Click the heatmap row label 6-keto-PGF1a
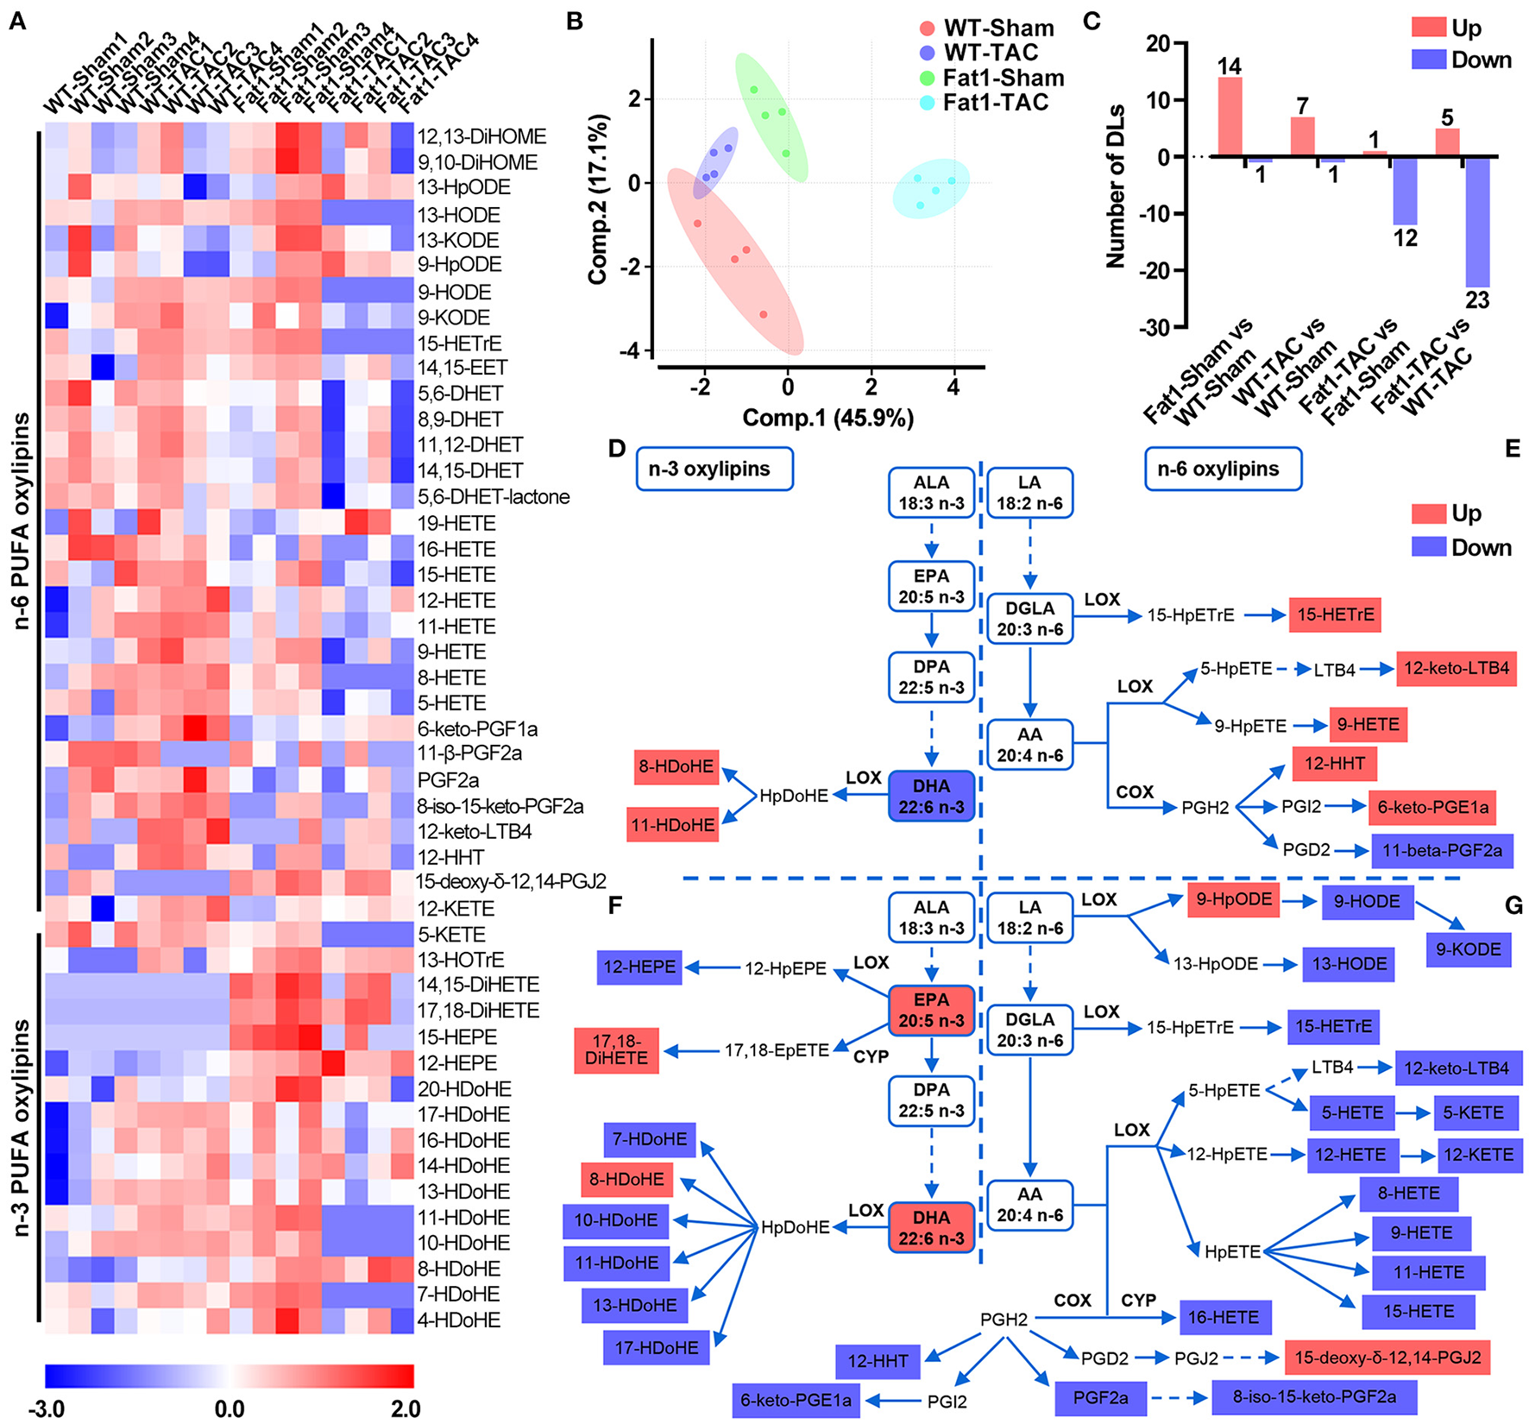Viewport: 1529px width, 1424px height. [x=477, y=729]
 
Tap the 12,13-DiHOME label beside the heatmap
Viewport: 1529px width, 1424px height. [x=481, y=136]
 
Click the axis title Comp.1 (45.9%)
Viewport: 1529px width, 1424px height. [x=827, y=418]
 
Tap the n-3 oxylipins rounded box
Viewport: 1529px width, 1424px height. [x=714, y=469]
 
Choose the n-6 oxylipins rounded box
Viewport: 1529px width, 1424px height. [x=1223, y=469]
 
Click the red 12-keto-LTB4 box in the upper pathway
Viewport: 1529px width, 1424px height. [x=1457, y=668]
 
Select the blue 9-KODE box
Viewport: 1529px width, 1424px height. [x=1469, y=949]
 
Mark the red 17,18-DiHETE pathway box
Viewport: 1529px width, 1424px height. [x=616, y=1050]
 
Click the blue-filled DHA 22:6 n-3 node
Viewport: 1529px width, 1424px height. [x=931, y=797]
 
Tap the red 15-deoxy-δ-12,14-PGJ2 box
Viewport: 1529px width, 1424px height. [x=1387, y=1358]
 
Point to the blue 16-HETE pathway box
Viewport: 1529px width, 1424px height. [x=1224, y=1318]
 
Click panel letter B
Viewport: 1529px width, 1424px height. [x=575, y=22]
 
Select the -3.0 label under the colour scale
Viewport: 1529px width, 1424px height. [x=47, y=1409]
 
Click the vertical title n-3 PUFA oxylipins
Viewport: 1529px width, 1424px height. [x=22, y=1127]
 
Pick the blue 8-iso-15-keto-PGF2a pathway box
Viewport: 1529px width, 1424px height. [x=1314, y=1396]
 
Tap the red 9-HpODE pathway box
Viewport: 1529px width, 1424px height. [x=1233, y=899]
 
